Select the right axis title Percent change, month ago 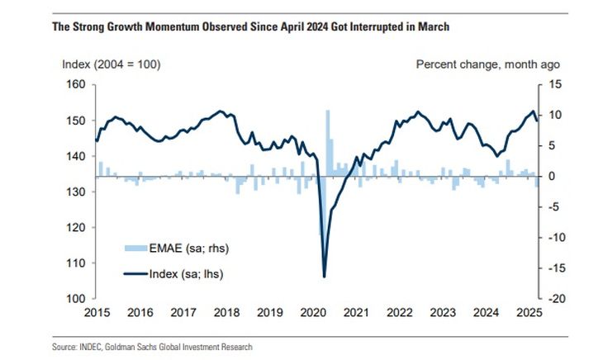coord(487,64)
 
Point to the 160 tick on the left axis coord(75,84)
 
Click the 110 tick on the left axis coord(75,263)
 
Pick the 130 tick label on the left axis coord(75,192)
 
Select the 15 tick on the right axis coord(552,84)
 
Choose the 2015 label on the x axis coord(96,313)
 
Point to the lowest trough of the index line coord(324,276)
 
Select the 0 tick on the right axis coord(551,177)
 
